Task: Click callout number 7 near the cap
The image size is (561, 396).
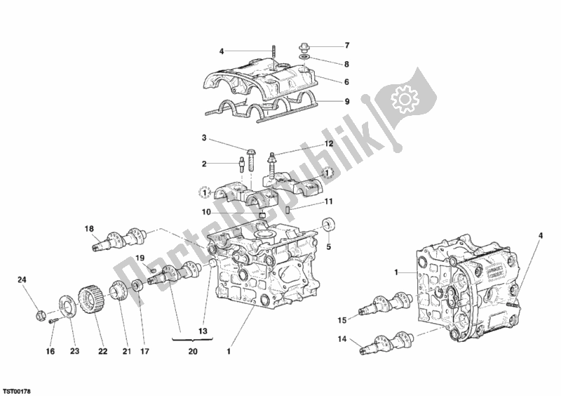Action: [x=346, y=46]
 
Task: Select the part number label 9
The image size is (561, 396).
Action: [x=346, y=100]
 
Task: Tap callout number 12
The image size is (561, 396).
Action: [x=327, y=144]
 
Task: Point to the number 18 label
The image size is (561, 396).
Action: [x=89, y=229]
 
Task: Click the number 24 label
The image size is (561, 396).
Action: [x=22, y=281]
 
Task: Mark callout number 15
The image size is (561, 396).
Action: [x=342, y=321]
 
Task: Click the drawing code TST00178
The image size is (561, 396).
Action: [x=18, y=386]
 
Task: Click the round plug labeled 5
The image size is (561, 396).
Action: [x=327, y=225]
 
